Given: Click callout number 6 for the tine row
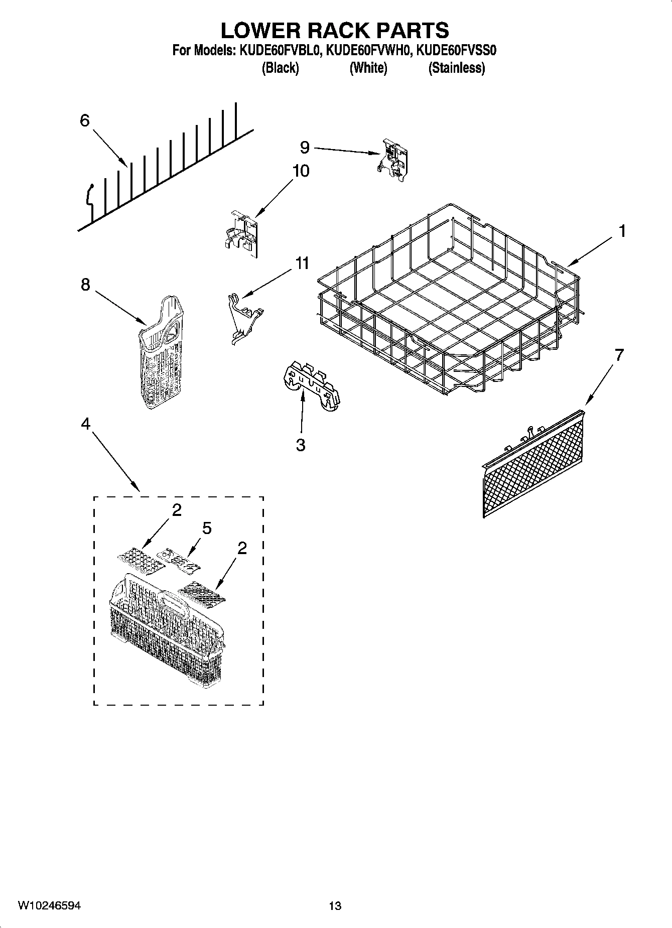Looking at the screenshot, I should pos(84,120).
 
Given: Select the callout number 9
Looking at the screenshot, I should pos(305,147).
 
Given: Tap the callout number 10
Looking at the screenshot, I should pos(301,171).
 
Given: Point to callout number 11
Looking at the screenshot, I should pos(302,263).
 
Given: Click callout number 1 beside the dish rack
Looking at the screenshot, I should pos(622,231).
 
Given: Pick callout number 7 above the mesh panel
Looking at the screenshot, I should pos(619,355).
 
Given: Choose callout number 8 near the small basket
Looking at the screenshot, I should pos(85,285).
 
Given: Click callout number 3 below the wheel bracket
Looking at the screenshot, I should pos(301,445).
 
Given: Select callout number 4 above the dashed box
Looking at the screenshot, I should pos(85,424).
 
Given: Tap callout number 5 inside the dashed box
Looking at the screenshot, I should pos(207,528).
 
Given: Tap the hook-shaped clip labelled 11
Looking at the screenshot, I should pos(244,318).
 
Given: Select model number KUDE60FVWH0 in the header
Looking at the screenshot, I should pos(369,51).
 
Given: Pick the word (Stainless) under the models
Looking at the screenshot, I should pos(456,68).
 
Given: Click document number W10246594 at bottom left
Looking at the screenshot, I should pos(49,905).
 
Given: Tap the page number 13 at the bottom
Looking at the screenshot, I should pos(335,905).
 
